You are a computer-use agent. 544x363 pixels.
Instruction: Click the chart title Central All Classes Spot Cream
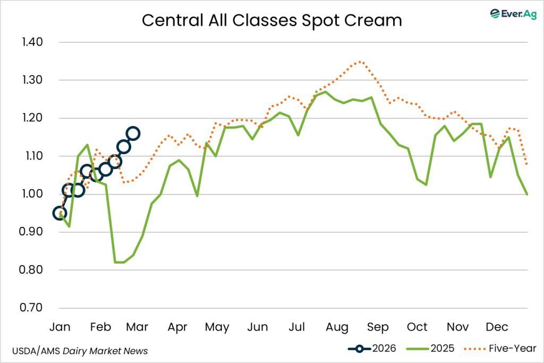[271, 20]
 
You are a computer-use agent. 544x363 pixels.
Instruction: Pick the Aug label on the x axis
[337, 326]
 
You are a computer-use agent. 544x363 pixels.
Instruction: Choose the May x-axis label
[217, 326]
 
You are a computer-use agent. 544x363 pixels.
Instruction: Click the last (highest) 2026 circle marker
[133, 133]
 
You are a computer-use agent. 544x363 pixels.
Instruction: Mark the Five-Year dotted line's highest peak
[360, 61]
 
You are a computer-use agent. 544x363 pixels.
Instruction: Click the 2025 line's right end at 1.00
[527, 194]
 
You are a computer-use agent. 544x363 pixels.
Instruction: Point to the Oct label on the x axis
[417, 326]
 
